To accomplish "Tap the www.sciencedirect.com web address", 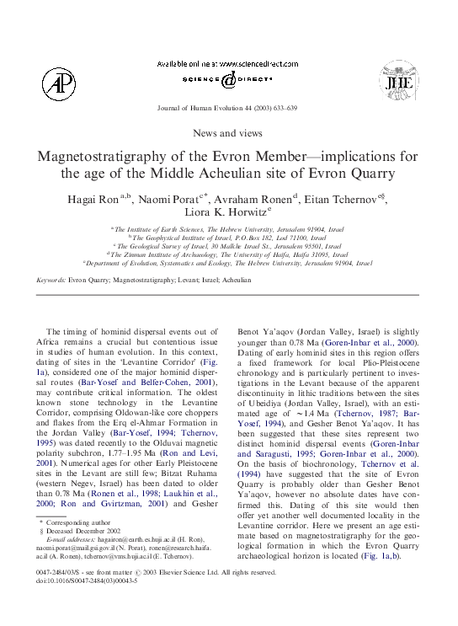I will (x=244, y=64).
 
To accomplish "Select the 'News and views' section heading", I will (x=227, y=133).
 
